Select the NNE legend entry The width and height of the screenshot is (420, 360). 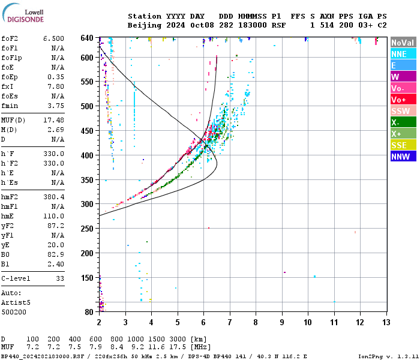pyautogui.click(x=403, y=54)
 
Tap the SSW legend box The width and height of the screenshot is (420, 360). pyautogui.click(x=403, y=111)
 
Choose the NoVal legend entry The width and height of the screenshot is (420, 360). pyautogui.click(x=403, y=43)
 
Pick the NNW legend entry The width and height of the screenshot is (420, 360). pyautogui.click(x=403, y=157)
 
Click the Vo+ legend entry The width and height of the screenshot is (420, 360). pyautogui.click(x=403, y=100)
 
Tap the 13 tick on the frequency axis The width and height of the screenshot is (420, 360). pyautogui.click(x=386, y=322)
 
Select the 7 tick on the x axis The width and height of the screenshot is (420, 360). pyautogui.click(x=230, y=322)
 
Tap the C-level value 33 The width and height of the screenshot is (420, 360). pyautogui.click(x=60, y=278)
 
